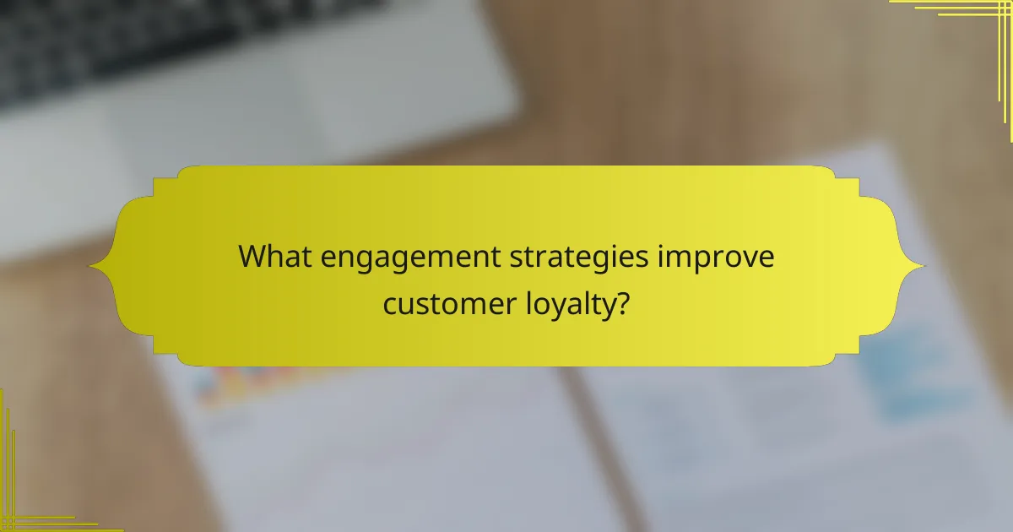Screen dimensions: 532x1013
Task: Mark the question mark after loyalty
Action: tap(622, 301)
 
